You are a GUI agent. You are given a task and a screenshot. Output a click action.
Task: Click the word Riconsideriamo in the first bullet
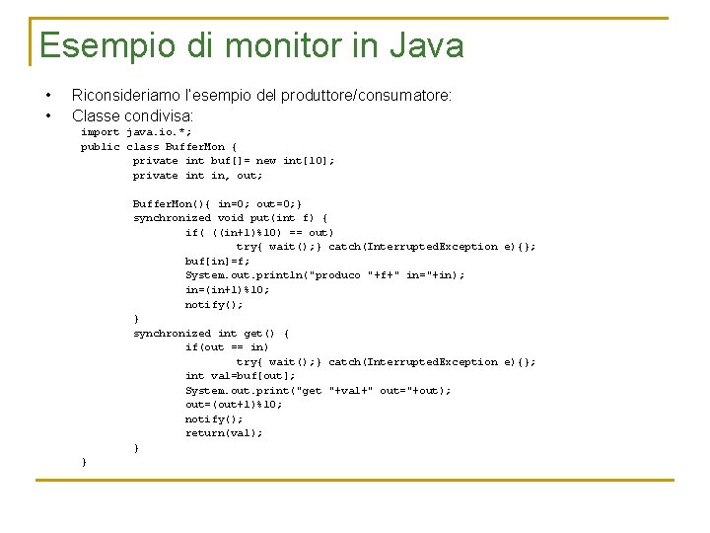tap(129, 96)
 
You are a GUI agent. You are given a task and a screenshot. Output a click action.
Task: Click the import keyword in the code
tap(100, 132)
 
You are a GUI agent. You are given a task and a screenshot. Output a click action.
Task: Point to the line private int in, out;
tap(197, 176)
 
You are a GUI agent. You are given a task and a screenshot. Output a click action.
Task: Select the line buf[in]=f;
tap(217, 262)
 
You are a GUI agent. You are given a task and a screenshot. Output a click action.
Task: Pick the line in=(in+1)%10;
tap(227, 290)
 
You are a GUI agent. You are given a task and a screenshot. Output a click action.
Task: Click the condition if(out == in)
tap(227, 347)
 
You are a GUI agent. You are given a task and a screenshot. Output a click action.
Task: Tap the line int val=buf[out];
tap(240, 376)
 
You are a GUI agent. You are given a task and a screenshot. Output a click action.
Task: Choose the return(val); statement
tap(224, 433)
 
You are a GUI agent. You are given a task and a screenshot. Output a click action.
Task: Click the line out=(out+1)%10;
tap(233, 405)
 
